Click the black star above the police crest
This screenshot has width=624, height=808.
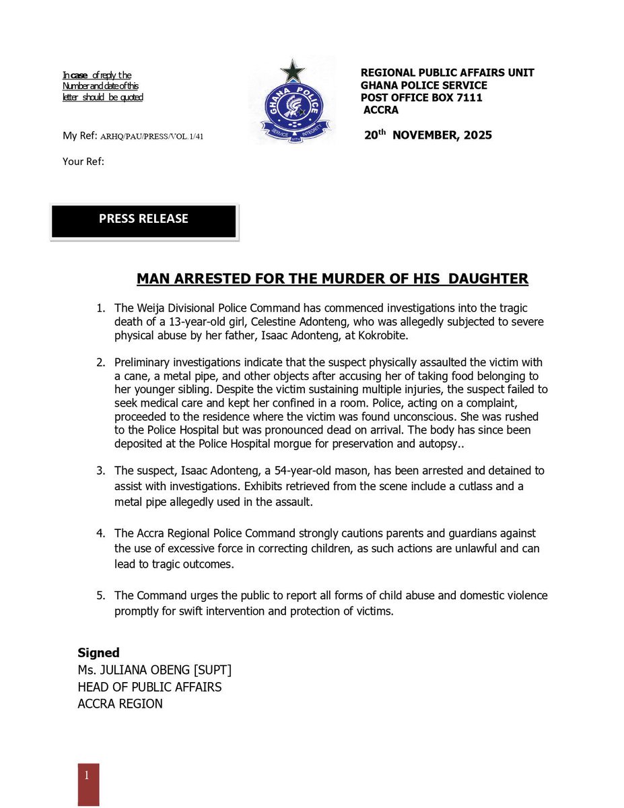[x=293, y=70]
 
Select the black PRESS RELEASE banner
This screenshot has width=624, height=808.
[x=143, y=221]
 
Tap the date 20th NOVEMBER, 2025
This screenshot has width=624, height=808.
[x=427, y=135]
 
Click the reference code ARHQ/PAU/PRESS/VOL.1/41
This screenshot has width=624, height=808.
[x=152, y=137]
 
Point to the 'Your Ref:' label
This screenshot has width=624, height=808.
[x=83, y=162]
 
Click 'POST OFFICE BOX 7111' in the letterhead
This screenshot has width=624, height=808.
[x=421, y=98]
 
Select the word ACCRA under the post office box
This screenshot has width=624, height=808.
[x=381, y=110]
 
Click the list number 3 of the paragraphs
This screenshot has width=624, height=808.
[x=100, y=470]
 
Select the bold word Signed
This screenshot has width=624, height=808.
[x=98, y=652]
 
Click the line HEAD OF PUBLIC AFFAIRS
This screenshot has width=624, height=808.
[x=149, y=687]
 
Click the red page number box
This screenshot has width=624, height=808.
[x=88, y=784]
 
